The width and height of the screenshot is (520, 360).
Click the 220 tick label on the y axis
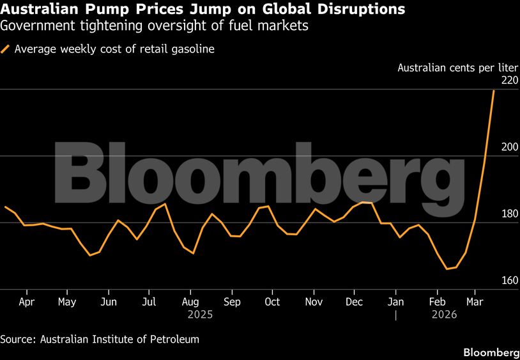(509, 81)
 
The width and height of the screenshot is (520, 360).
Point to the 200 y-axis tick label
(509, 147)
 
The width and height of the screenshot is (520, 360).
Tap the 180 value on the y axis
(509, 214)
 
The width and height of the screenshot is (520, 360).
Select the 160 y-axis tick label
(509, 280)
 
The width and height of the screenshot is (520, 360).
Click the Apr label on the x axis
(27, 301)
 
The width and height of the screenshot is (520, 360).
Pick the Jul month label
(149, 301)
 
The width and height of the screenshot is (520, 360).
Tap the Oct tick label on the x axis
(272, 301)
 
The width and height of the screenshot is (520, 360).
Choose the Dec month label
(355, 301)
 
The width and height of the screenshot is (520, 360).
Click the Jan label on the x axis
(396, 301)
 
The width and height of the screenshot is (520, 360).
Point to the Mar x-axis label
(475, 301)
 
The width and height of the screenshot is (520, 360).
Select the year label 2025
(200, 315)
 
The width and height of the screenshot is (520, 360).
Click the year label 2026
(445, 315)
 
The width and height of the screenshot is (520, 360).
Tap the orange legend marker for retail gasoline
(6, 49)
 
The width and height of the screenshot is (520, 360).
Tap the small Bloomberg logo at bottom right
(491, 352)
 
